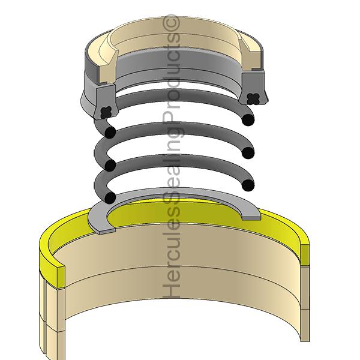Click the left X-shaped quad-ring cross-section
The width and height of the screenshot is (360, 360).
pyautogui.click(x=107, y=111)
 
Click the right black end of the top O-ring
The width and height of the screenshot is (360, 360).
pyautogui.click(x=246, y=121)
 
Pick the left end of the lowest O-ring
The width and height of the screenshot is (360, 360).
pyautogui.click(x=110, y=197)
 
